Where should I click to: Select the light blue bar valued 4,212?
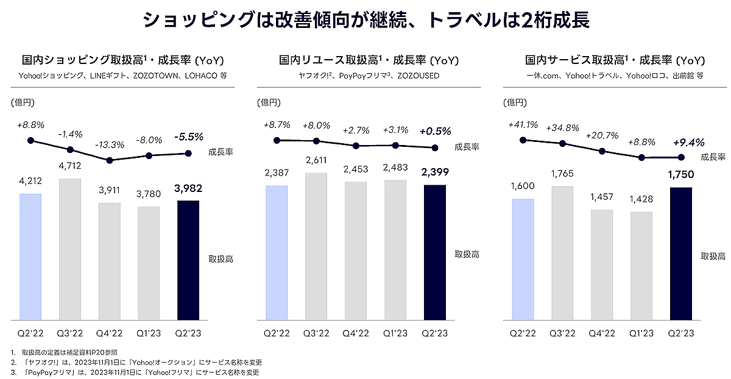[30, 256]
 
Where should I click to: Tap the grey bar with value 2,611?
[316, 246]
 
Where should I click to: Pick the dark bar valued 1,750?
[680, 253]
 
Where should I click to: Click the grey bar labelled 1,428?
[641, 266]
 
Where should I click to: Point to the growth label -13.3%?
[110, 145]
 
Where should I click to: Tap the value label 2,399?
[434, 172]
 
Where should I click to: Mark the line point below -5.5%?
[188, 153]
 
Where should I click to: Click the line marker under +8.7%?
[277, 140]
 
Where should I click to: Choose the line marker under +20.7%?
[602, 151]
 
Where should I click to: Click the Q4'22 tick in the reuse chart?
[356, 333]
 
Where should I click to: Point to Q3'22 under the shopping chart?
[70, 333]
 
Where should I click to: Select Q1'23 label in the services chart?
[641, 333]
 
